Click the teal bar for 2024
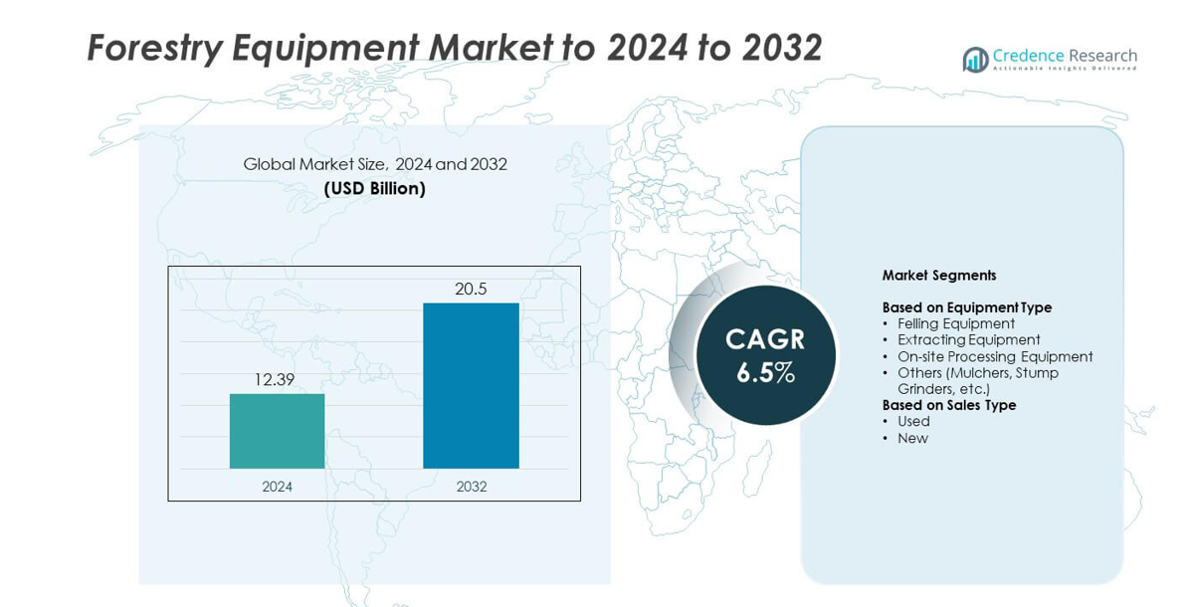277,431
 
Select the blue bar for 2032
471,385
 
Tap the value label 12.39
275,379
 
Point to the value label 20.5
471,289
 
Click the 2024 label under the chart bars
277,487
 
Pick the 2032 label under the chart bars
471,487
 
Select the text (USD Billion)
374,188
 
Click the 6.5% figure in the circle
765,373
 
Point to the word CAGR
765,339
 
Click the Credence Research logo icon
975,60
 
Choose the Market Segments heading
938,276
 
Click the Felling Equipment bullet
955,323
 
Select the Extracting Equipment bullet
968,339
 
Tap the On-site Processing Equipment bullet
995,356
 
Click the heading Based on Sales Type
948,405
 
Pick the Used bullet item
913,421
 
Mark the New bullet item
912,438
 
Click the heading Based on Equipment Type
966,307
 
